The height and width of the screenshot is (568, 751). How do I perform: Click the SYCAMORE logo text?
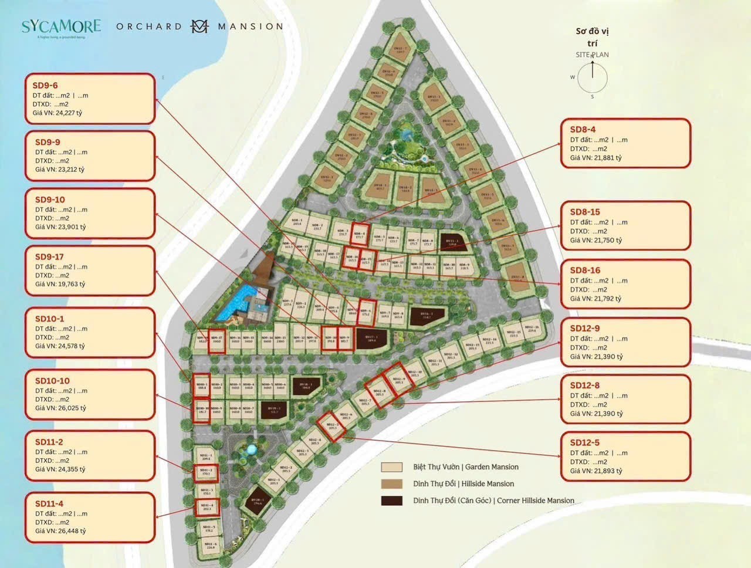[x=61, y=26]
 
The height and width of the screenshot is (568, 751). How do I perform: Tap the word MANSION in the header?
[x=251, y=26]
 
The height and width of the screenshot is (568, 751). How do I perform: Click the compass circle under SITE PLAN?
[x=592, y=77]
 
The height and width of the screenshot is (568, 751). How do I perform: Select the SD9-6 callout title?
[x=45, y=85]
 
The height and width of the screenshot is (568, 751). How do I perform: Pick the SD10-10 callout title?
[x=52, y=381]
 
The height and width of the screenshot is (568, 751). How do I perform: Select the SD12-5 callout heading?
[x=585, y=442]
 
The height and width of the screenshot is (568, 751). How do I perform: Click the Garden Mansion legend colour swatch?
[x=391, y=467]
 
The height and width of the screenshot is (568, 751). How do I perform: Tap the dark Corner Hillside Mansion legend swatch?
[x=391, y=501]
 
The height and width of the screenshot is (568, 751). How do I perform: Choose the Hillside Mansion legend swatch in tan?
[x=391, y=484]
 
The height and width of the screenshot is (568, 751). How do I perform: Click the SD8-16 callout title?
[x=585, y=271]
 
